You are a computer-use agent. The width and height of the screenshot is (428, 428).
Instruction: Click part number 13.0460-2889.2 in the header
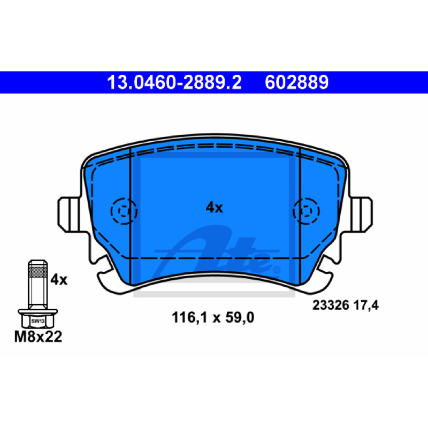[174, 82]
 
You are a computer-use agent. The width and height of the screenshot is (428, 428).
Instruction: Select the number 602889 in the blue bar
[297, 82]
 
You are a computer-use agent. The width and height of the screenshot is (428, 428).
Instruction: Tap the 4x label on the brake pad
[215, 208]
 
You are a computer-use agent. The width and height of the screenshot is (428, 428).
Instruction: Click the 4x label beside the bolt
[59, 280]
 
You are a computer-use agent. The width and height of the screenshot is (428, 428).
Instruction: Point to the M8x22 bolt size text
[38, 337]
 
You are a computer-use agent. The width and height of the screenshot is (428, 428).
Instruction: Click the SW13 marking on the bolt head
[37, 321]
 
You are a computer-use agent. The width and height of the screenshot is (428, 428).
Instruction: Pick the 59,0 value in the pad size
[240, 317]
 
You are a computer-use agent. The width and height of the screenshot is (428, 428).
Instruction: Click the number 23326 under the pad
[331, 305]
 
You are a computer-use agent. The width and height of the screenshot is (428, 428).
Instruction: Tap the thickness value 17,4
[366, 305]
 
